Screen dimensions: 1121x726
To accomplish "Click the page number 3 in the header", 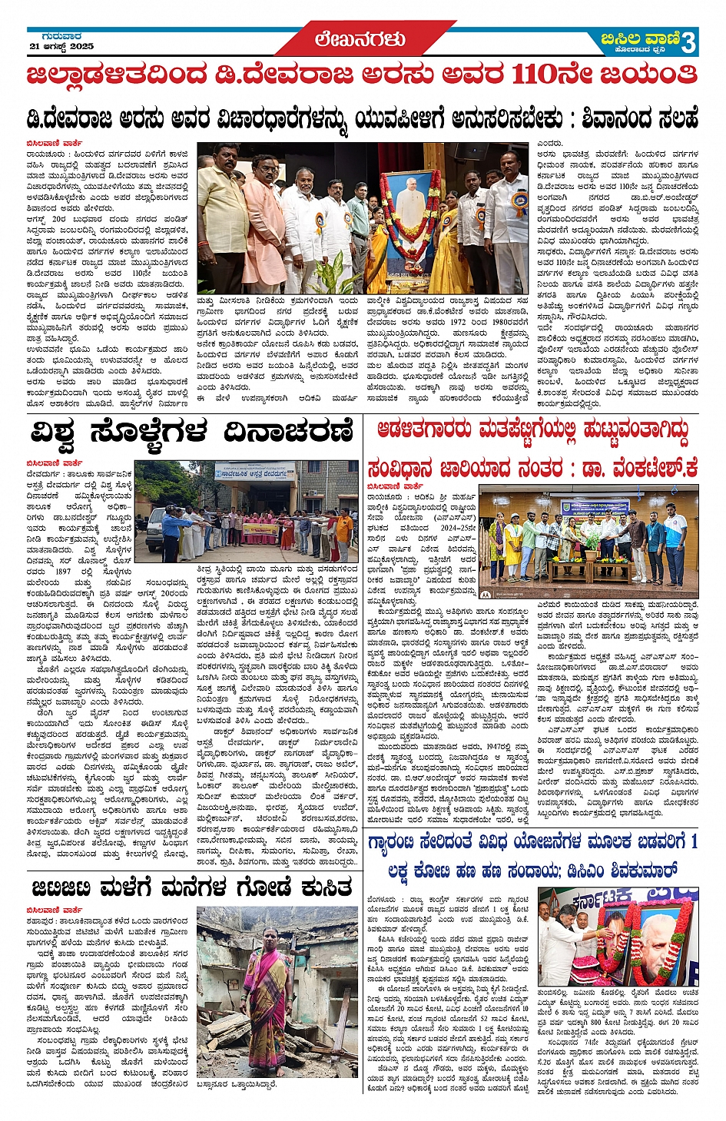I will (688, 42).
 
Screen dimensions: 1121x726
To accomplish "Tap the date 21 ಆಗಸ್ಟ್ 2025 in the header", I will (61, 47).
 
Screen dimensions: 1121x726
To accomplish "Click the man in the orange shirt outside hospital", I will (343, 530).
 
